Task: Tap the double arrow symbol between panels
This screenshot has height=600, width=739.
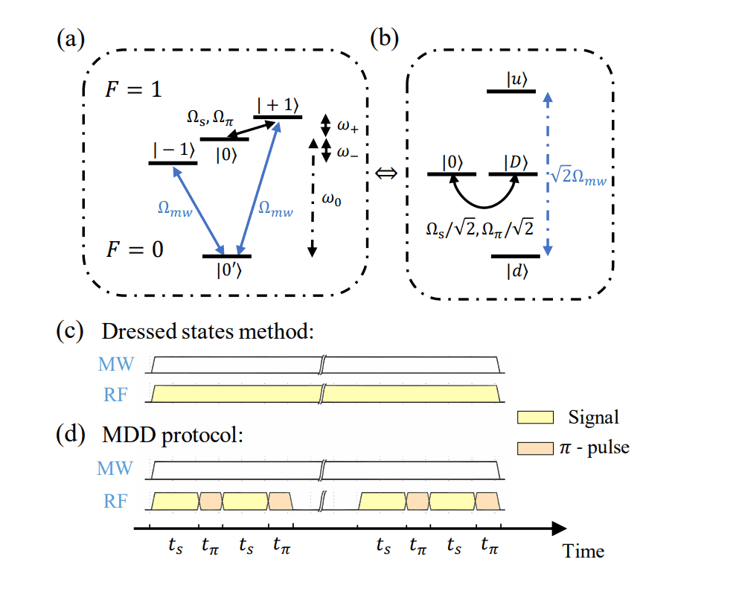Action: coord(387,173)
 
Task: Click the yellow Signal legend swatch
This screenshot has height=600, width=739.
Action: coord(534,418)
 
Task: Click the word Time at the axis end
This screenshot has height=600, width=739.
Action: coord(583,551)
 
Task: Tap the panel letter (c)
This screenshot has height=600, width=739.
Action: coord(69,331)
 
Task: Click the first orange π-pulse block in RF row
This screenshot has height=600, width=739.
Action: coord(210,501)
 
